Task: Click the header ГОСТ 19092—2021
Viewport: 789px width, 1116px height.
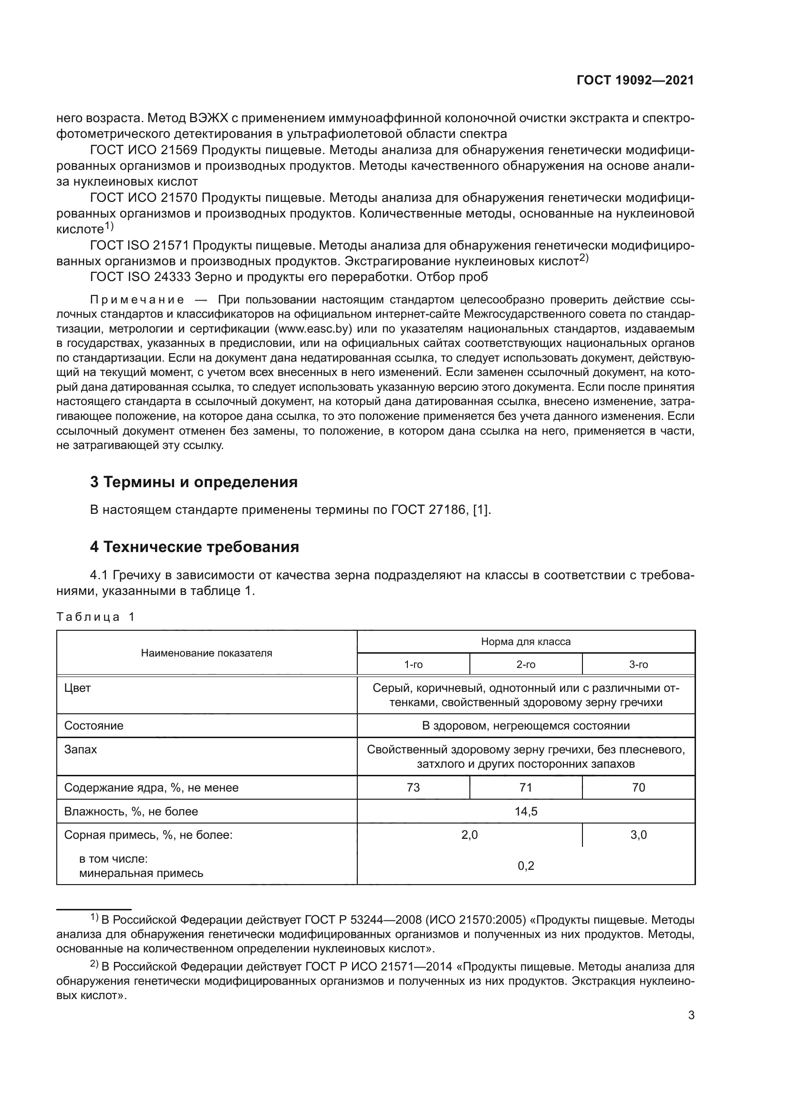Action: pos(635,81)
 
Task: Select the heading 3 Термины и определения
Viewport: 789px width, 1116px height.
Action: pos(194,482)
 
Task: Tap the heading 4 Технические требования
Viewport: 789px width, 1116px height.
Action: pos(194,547)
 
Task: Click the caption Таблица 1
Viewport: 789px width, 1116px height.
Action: pos(95,617)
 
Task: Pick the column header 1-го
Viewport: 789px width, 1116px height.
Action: pos(414,665)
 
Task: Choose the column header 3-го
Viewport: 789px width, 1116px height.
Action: pos(638,665)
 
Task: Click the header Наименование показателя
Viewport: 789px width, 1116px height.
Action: pos(207,653)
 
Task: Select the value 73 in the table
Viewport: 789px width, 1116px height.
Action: pos(414,787)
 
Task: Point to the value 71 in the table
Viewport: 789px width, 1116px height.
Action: pos(526,787)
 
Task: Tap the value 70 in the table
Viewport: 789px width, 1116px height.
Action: pos(638,787)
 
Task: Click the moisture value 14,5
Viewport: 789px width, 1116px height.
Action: pos(526,811)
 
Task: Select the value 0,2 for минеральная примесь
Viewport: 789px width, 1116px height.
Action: pos(526,866)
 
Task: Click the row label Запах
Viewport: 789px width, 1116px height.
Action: pos(81,750)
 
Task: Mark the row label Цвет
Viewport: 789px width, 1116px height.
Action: pos(78,688)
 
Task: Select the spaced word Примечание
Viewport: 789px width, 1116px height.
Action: pos(137,300)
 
